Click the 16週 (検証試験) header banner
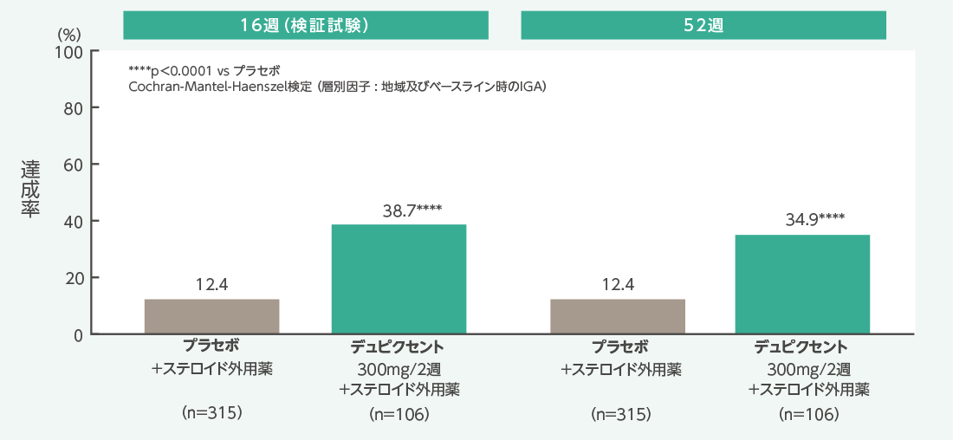(307, 25)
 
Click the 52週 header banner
(703, 25)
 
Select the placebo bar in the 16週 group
(211, 316)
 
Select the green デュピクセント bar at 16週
(399, 279)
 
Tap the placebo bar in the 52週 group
(618, 316)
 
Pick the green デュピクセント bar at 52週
(802, 284)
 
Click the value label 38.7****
(412, 210)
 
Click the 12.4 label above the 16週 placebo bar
(211, 284)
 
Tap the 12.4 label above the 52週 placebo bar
(618, 284)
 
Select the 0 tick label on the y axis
(78, 334)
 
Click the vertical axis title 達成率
(30, 187)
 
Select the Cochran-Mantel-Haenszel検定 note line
(337, 86)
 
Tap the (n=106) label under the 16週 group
(399, 414)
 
